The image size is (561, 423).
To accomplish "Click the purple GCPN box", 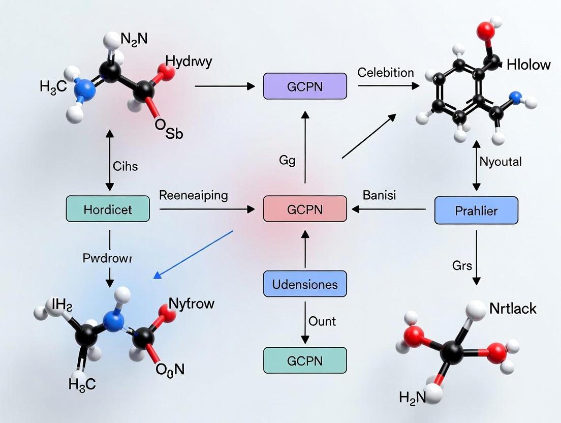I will [305, 86].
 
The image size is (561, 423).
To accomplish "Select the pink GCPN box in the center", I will [305, 208].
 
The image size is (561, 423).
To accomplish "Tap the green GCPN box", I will [305, 360].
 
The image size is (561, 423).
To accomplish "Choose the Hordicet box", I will [108, 208].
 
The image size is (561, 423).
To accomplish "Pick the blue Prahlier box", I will [476, 210].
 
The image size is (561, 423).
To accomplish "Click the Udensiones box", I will [305, 284].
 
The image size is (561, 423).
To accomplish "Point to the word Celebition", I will [386, 73].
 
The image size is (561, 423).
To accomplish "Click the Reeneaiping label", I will [194, 195].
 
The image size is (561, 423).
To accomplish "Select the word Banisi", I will [380, 195].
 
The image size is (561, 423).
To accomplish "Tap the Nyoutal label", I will [501, 162].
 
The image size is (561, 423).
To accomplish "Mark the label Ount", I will [322, 321].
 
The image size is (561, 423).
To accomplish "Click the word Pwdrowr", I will [107, 258].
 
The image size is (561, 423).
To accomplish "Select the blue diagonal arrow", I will [193, 254].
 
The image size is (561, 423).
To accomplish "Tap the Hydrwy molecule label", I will [189, 63].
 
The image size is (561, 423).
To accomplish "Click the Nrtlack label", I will [513, 308].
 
